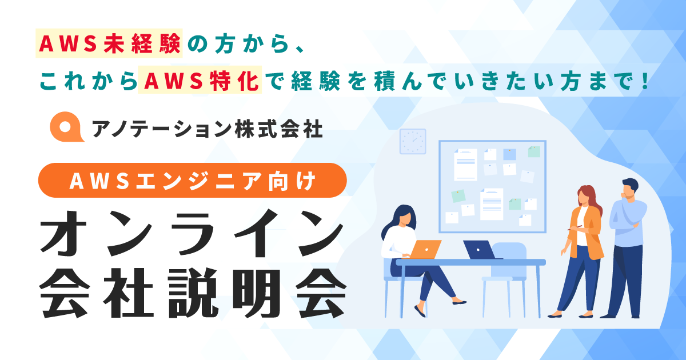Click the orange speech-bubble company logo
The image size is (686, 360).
[67, 127]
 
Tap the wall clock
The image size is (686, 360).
[413, 142]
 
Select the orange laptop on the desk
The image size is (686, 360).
[425, 249]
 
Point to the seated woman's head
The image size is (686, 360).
[404, 216]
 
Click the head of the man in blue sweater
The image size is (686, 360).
[629, 188]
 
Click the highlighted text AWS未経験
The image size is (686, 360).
[109, 44]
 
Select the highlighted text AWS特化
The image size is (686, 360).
[200, 80]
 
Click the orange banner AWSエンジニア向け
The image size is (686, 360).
[192, 181]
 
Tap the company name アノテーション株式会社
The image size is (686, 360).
[208, 129]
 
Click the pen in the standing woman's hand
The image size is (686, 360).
[575, 227]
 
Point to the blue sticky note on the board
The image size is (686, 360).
[509, 154]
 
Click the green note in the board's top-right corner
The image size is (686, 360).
[534, 152]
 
